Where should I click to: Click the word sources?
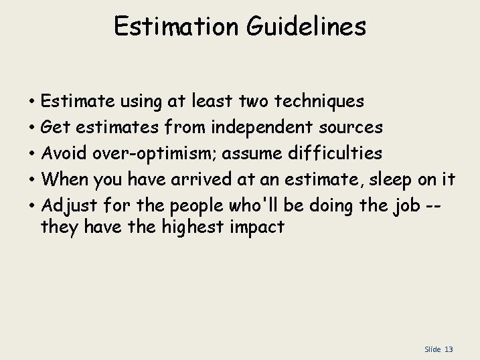(347, 127)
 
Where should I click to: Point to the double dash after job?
(447, 204)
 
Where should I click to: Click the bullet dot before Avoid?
(32, 154)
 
